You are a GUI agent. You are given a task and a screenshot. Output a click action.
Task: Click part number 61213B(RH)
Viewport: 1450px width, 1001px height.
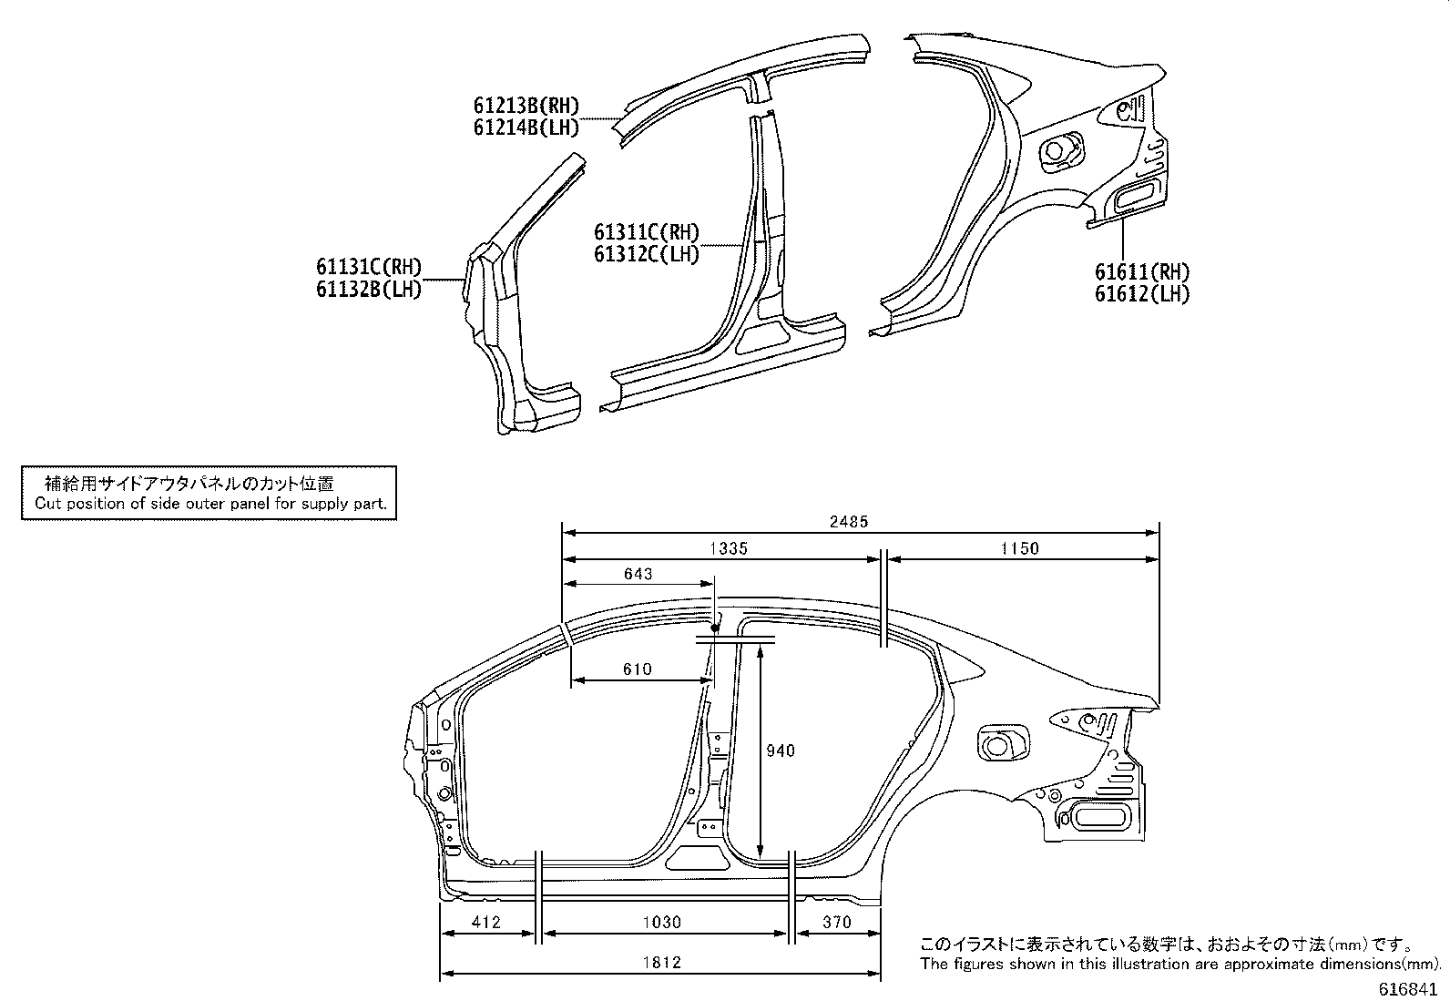click(526, 107)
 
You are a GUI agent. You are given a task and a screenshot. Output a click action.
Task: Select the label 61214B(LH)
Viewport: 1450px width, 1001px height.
click(526, 128)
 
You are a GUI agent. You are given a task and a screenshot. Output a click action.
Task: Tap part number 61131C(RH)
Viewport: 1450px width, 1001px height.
click(369, 268)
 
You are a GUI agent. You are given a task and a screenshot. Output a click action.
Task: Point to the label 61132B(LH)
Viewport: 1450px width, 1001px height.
click(369, 290)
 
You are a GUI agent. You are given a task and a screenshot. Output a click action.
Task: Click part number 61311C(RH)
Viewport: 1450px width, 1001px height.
click(647, 233)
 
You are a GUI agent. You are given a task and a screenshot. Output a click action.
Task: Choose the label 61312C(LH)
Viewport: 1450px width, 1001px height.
click(647, 255)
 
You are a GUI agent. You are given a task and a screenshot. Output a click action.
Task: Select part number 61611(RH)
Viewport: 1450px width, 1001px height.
click(1142, 271)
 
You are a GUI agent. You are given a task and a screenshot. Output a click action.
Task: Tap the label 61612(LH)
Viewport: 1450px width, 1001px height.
click(1142, 293)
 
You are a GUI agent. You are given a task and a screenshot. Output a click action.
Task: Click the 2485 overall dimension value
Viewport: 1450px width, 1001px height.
click(849, 522)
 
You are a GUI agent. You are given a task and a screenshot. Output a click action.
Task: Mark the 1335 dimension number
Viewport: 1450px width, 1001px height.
click(728, 548)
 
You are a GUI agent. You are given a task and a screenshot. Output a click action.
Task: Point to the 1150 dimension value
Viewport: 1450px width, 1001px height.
click(1019, 548)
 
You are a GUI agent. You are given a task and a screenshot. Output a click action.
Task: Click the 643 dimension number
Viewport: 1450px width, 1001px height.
click(638, 574)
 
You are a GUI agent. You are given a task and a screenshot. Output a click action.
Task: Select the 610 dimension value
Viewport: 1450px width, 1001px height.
click(637, 669)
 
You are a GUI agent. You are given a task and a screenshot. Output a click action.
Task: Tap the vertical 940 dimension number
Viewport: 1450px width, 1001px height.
click(780, 751)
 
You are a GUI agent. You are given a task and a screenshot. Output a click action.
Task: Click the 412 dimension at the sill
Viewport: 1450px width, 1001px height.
click(486, 922)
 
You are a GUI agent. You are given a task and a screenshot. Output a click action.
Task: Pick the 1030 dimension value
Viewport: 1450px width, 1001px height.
click(661, 922)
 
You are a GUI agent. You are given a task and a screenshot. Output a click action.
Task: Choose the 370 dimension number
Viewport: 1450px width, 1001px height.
click(836, 922)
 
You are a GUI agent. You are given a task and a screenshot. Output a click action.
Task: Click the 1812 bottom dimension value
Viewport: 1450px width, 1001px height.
click(661, 962)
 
